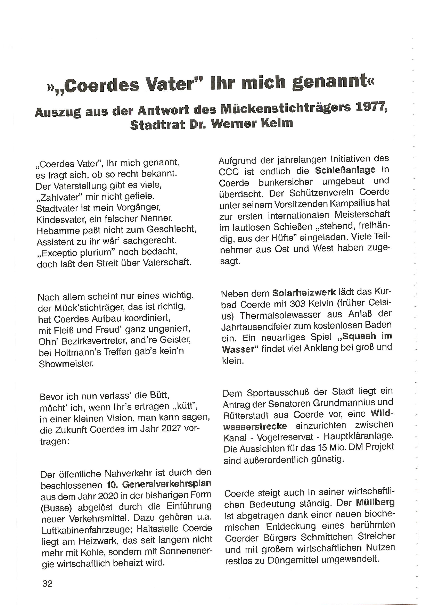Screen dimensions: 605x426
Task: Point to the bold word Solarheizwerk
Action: [x=304, y=292]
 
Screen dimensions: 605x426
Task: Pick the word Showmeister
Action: [x=66, y=364]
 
